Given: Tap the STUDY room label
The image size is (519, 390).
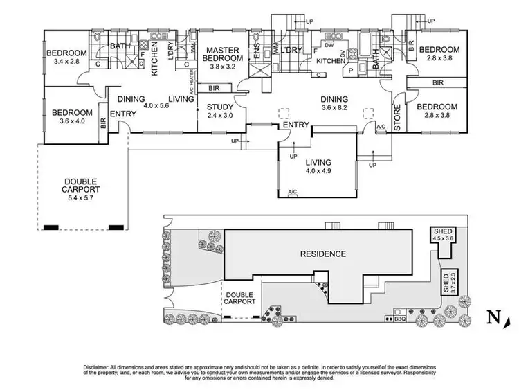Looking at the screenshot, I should click(221, 106).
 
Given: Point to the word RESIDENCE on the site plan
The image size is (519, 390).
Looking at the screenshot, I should click(322, 254).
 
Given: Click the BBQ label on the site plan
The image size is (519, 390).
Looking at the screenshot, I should click(399, 319).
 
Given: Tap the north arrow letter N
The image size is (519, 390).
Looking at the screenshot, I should click(492, 318).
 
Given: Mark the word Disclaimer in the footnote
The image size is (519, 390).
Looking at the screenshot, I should click(99, 365).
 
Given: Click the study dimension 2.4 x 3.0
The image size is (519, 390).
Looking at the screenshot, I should click(221, 115).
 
